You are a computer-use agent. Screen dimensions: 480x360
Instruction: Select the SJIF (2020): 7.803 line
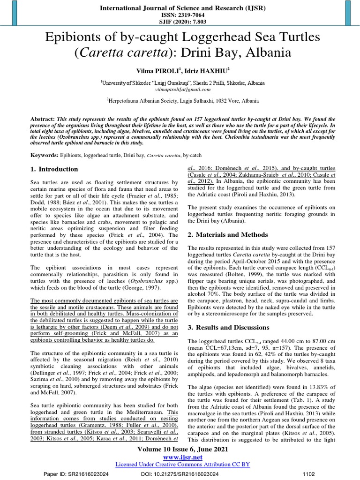(180, 22)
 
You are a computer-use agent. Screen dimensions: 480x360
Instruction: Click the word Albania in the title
(265, 53)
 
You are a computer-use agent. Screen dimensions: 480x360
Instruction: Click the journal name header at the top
(180, 8)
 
